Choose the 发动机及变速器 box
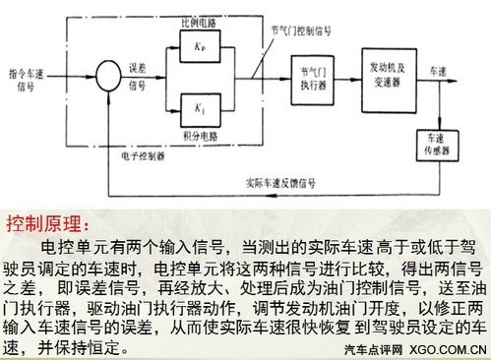coord(383,74)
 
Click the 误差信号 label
coord(144,75)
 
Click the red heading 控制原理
coord(48,218)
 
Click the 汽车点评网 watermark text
coord(372,350)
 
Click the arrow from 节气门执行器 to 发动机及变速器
coord(341,75)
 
